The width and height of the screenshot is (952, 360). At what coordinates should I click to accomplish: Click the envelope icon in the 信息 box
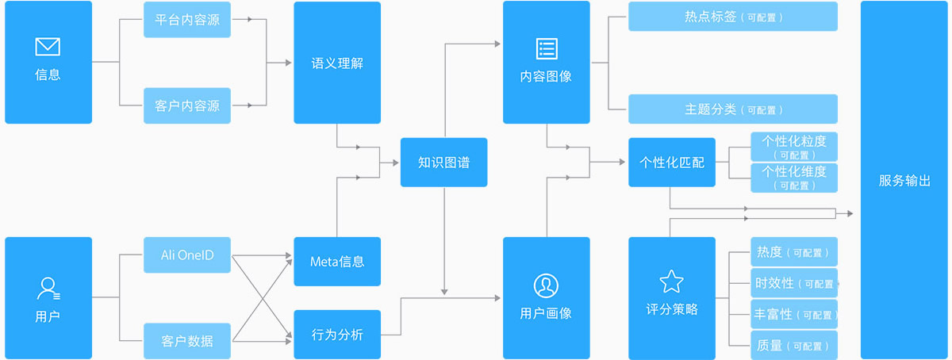coord(48,48)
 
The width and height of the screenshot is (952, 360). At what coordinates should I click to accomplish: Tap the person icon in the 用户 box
coord(48,288)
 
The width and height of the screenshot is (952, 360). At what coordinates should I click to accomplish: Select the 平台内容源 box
coord(187,20)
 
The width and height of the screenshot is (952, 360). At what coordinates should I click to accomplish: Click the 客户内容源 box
coord(187,105)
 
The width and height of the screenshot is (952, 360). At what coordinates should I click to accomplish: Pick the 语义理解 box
coord(337,63)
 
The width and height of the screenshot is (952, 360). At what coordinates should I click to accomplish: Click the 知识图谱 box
coord(443,163)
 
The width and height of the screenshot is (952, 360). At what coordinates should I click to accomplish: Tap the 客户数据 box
coord(187,341)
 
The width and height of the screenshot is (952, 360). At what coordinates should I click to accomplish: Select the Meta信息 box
coord(337,262)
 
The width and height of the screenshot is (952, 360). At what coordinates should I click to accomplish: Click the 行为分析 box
coord(337,334)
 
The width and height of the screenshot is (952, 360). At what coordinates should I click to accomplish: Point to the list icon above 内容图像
coord(547,48)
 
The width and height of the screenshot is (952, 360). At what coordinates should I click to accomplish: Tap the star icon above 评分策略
coord(671,281)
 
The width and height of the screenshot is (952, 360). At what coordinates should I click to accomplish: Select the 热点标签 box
coord(732,16)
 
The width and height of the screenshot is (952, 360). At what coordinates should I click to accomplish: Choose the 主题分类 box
coord(732,109)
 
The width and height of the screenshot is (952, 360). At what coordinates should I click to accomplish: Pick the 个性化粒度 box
coord(794,147)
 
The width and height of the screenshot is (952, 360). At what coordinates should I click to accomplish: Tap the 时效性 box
coord(794,283)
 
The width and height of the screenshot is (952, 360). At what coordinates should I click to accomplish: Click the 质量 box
coord(794,346)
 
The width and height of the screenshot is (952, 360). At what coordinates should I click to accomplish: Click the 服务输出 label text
coord(904,180)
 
